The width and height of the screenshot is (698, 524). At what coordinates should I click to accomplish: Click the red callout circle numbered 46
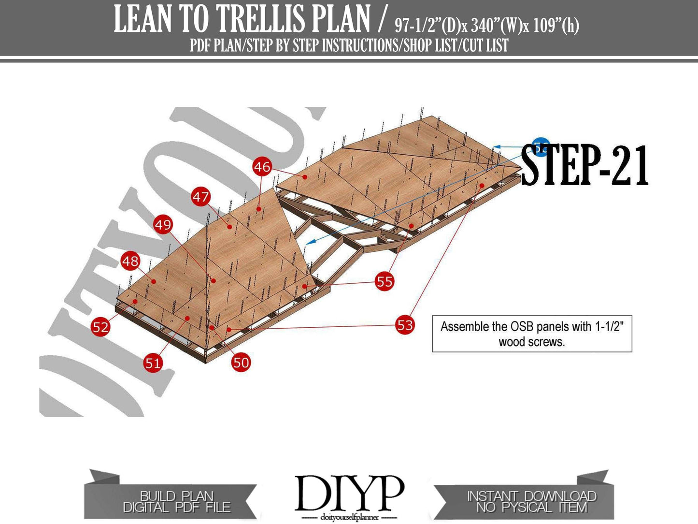[x=262, y=167]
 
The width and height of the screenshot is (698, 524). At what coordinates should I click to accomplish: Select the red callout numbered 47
[x=201, y=197]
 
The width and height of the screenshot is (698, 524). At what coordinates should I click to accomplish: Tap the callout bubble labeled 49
[x=163, y=225]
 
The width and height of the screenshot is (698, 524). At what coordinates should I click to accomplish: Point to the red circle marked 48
[x=130, y=262]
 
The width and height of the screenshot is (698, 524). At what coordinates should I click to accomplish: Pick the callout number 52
[x=100, y=327]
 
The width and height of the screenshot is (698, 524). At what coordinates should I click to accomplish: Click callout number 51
[x=153, y=363]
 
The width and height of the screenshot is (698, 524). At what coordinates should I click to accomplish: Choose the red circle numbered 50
[x=241, y=362]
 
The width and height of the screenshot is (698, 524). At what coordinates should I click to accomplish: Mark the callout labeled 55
[x=385, y=281]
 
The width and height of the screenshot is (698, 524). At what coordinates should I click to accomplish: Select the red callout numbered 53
[x=405, y=325]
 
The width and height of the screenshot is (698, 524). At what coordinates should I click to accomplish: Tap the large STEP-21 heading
[x=584, y=165]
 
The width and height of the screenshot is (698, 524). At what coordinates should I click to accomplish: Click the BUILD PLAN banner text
[x=176, y=496]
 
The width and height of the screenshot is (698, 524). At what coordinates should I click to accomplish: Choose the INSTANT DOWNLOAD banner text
[x=531, y=496]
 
